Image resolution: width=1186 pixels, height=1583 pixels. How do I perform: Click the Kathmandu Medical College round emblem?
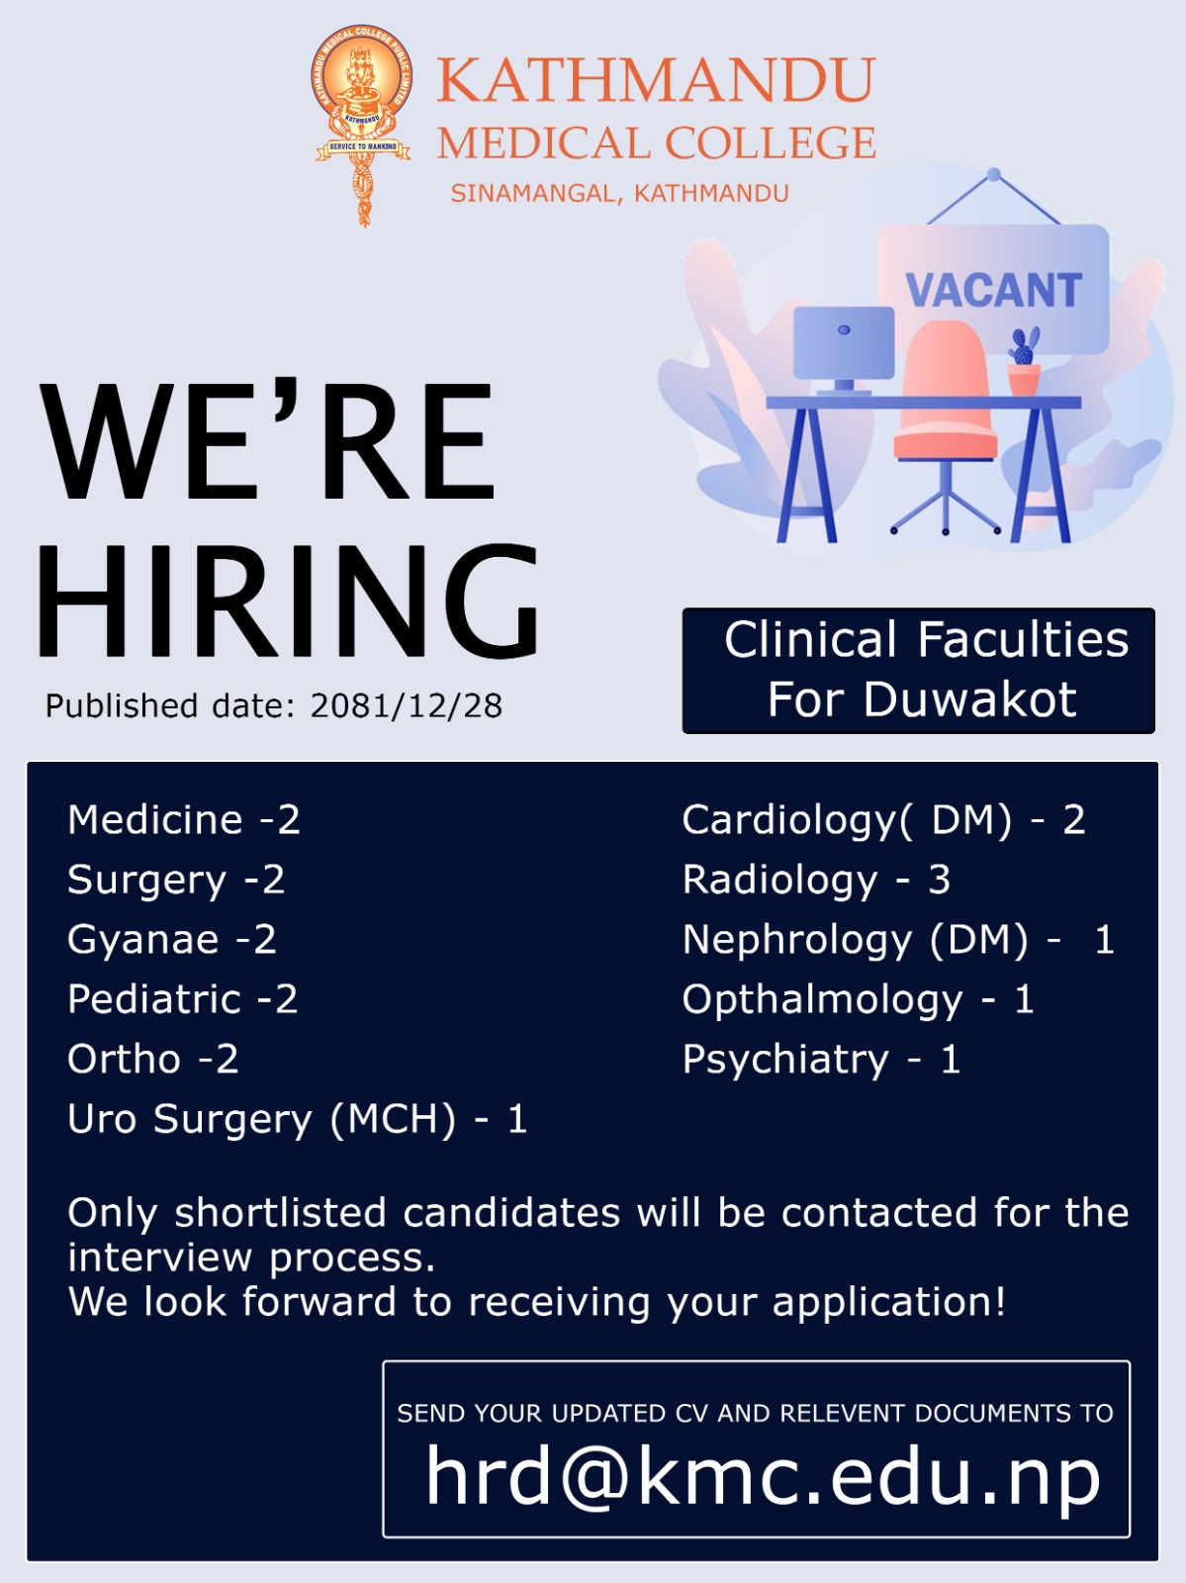point(363,83)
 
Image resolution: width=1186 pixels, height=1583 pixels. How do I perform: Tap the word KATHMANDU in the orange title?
point(656,79)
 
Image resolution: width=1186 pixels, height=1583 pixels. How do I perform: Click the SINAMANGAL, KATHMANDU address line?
point(619,193)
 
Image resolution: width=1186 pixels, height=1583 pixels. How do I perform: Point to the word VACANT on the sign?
point(993,290)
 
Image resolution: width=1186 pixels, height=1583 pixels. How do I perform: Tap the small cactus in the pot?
point(1024,360)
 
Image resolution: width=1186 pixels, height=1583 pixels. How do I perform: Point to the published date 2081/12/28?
point(406,706)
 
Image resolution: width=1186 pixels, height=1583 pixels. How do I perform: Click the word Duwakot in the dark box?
point(969,699)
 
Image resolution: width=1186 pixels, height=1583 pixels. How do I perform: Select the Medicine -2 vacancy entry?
point(184,820)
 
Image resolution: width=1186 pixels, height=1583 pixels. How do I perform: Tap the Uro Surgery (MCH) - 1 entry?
point(297,1119)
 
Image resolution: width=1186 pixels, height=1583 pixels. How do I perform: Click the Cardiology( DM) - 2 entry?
point(884,821)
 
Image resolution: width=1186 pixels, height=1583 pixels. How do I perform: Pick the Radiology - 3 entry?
point(817,881)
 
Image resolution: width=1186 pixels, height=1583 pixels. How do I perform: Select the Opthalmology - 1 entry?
point(859,1000)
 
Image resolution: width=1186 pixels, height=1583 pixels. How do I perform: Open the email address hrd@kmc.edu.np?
point(764,1477)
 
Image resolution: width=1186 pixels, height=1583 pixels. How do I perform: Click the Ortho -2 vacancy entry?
point(153,1060)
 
